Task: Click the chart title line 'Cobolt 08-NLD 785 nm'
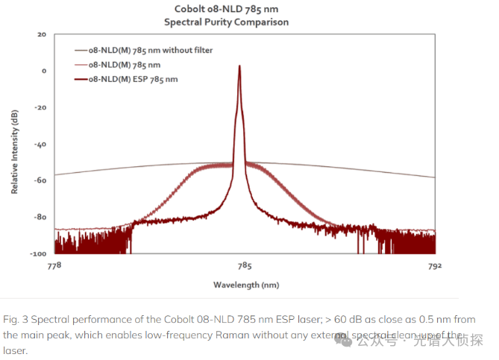(x=226, y=9)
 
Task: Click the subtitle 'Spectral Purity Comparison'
(x=226, y=22)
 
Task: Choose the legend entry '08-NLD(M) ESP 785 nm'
(x=133, y=78)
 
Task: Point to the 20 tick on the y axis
(x=42, y=35)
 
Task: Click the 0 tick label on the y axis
(x=44, y=72)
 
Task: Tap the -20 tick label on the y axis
(x=41, y=108)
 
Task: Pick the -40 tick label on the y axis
(x=41, y=145)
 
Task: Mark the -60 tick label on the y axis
(x=41, y=181)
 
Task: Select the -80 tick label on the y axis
(x=41, y=218)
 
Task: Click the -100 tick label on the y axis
(x=40, y=253)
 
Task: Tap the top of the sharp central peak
(x=239, y=66)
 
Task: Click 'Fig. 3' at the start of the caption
(x=14, y=320)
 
